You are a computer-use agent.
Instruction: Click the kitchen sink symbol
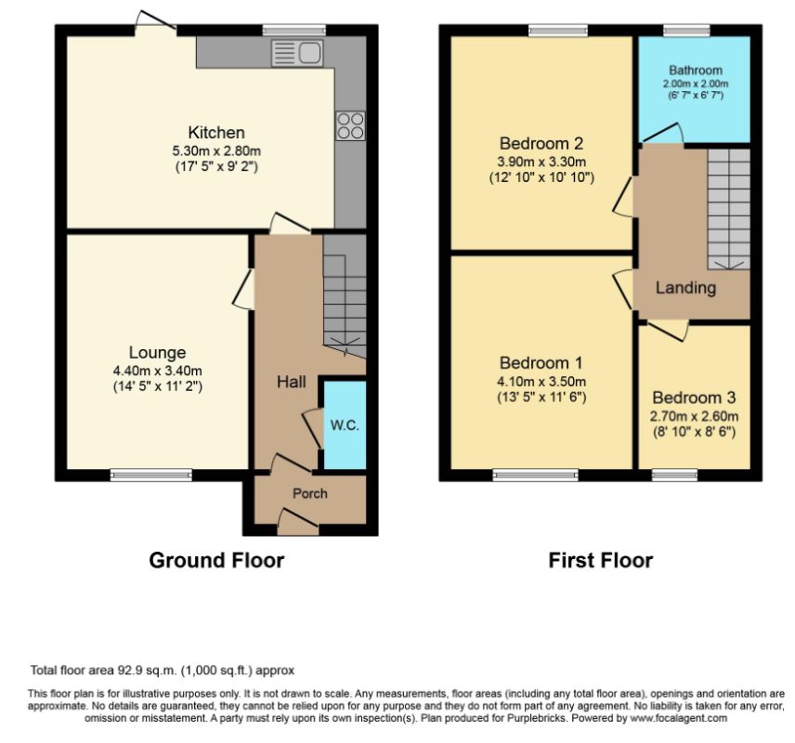(x=297, y=52)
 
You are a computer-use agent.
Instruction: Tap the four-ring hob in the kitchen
(x=350, y=125)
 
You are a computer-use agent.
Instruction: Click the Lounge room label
(x=157, y=353)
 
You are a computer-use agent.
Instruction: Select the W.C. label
(x=345, y=425)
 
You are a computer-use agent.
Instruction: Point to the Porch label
(x=310, y=493)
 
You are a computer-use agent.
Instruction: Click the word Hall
(x=291, y=382)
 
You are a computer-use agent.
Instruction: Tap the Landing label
(x=685, y=288)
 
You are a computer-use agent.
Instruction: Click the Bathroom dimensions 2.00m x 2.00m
(x=695, y=84)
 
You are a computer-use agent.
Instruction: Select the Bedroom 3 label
(x=694, y=398)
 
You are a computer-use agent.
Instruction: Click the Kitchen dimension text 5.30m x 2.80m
(x=216, y=150)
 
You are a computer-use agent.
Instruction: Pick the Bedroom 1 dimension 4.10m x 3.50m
(x=541, y=382)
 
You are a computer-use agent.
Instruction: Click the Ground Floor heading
(x=216, y=560)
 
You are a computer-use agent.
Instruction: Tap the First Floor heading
(x=600, y=560)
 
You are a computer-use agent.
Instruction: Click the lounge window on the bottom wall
(x=151, y=475)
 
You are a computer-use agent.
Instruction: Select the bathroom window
(x=686, y=31)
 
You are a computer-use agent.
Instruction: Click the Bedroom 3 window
(x=674, y=475)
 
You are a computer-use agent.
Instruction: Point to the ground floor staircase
(x=345, y=295)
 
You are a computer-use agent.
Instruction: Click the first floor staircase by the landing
(x=728, y=209)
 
